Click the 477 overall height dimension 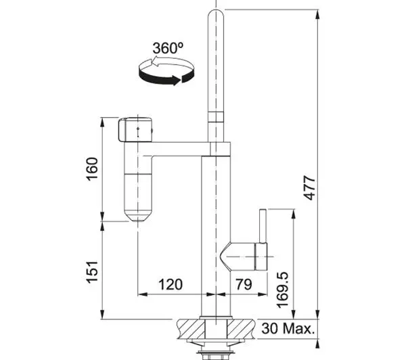point(310,188)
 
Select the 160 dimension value point(93,169)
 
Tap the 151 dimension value point(93,272)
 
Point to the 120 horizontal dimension point(171,284)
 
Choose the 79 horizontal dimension point(244,284)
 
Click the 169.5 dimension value point(282,290)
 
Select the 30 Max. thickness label point(288,328)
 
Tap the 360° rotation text point(168,48)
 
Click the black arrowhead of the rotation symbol point(177,80)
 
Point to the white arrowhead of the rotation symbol point(155,62)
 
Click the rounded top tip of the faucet point(216,12)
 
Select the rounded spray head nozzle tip point(138,217)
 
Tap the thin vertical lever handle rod point(263,226)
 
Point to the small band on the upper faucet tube point(216,117)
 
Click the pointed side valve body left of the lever point(238,256)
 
